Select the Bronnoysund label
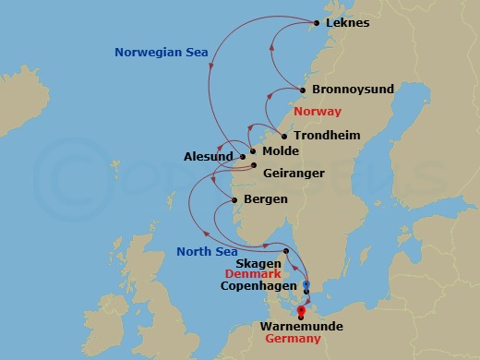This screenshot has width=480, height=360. pos(354,90)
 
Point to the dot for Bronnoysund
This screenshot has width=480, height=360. pos(302,90)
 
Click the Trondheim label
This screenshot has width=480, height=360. pos(326,136)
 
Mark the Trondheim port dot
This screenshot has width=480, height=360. pos(284,136)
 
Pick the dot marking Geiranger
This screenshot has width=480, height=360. pos(256,166)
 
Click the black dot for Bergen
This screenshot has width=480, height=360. pos(235,199)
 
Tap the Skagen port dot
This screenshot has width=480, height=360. pos(287,251)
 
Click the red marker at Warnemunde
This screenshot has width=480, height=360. pos(314,311)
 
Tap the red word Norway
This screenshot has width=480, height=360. pos(317,112)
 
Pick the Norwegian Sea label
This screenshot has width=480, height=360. pos(162,52)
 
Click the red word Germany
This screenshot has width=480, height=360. pos(293,340)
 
